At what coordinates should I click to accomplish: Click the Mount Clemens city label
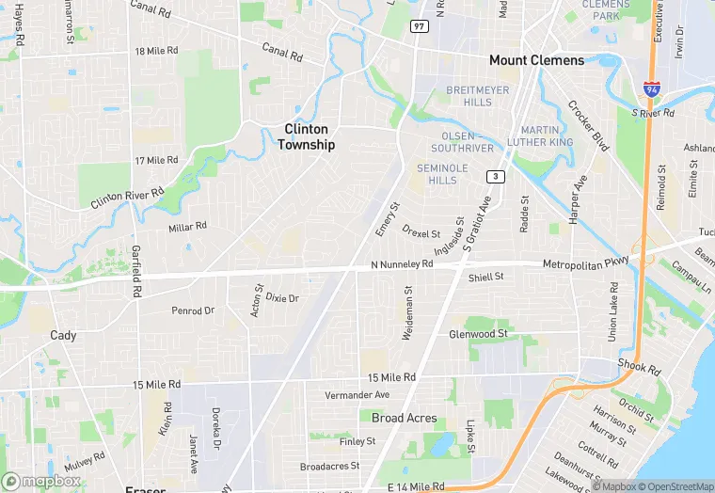tap(536, 60)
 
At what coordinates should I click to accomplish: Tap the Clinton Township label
tap(306, 136)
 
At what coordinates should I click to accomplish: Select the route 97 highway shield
tap(420, 26)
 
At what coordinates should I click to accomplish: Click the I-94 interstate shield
tap(651, 88)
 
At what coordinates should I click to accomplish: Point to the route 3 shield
tap(495, 177)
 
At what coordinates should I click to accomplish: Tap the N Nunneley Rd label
tap(401, 265)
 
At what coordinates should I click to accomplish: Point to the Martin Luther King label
tap(539, 135)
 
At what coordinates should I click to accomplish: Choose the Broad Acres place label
tap(404, 418)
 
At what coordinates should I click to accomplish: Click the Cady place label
tap(63, 335)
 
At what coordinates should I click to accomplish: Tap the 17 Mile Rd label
tap(157, 161)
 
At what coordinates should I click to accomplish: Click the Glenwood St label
tap(478, 334)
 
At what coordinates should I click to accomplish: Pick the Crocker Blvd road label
tap(589, 126)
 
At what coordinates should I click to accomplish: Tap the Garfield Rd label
tap(135, 272)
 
